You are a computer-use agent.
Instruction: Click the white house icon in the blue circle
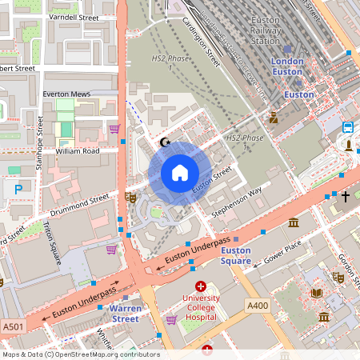180,173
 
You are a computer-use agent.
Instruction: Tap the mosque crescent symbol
166,142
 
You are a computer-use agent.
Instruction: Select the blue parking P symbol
18,189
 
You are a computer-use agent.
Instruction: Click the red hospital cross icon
201,286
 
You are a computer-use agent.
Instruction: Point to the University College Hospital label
201,306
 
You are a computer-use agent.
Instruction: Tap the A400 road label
258,306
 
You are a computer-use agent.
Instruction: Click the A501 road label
13,326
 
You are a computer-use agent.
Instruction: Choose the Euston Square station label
235,256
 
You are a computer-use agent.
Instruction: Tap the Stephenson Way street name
237,203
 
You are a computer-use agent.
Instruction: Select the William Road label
77,150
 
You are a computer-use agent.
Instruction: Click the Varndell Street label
73,17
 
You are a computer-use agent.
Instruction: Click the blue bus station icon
349,127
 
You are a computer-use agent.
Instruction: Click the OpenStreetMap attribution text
80,354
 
